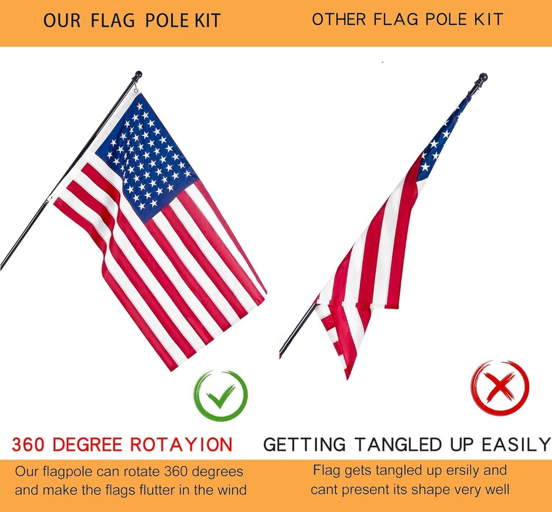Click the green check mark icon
click(220, 396)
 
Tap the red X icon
click(500, 388)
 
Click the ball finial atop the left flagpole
click(138, 74)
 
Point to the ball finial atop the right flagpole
click(482, 77)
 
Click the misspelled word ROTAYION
click(181, 445)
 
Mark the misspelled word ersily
click(448, 470)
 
